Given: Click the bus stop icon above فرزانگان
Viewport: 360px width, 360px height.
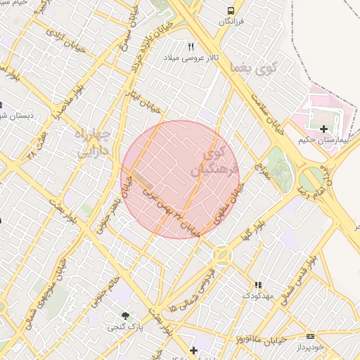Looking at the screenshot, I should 231,11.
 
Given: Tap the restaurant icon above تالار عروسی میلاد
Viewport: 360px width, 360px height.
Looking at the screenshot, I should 191,46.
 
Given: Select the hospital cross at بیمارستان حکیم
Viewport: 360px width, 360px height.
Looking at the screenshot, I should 323,129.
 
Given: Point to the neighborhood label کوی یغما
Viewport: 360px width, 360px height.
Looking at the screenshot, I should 254,68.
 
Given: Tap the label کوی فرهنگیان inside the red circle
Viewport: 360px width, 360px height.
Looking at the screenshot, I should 210,161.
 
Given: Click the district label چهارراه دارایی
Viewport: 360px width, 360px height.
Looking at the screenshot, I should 92,140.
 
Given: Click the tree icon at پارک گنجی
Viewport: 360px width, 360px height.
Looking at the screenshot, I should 125,316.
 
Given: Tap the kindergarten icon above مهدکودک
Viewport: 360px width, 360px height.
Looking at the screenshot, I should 258,285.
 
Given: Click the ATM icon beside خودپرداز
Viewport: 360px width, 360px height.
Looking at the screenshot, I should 311,336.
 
